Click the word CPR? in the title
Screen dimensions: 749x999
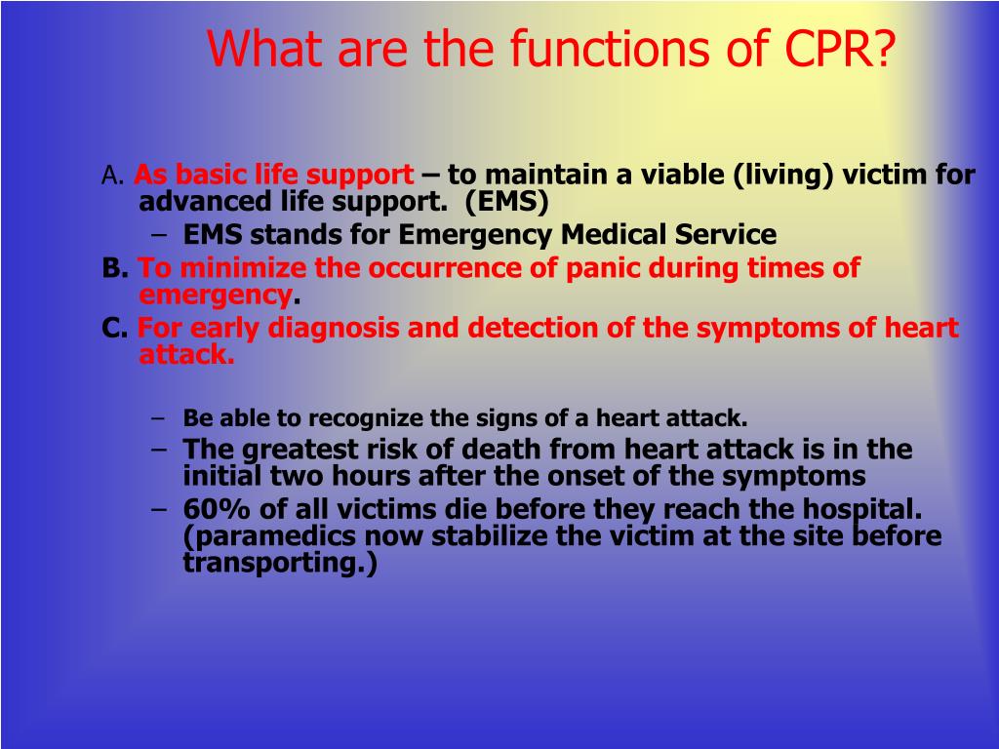841,49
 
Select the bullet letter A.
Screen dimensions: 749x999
111,177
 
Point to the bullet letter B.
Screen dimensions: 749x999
114,268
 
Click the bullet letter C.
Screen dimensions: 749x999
114,329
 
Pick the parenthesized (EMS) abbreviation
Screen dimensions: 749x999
506,202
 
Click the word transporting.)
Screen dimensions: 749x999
279,564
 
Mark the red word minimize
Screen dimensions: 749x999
232,268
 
